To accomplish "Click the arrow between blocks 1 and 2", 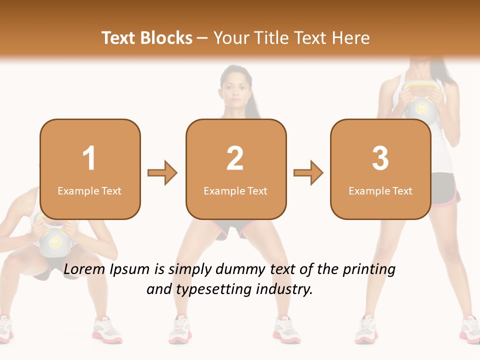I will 162,173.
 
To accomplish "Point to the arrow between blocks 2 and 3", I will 308,173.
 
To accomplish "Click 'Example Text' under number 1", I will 89,190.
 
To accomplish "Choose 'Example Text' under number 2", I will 235,190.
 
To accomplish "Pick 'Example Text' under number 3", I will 380,190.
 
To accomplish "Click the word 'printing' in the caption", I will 368,269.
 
